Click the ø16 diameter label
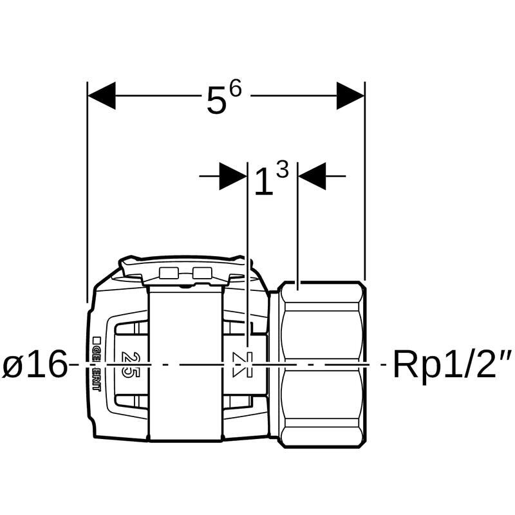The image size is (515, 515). [x=35, y=364]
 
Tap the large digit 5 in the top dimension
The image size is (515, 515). [x=217, y=100]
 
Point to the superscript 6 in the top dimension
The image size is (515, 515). [x=236, y=88]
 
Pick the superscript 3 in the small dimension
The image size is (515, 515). [x=283, y=169]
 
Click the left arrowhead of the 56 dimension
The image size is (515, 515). [x=102, y=95]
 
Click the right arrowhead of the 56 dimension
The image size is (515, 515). [x=350, y=95]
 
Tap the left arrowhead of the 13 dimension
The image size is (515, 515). [x=233, y=176]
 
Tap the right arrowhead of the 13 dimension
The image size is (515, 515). [x=312, y=176]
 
